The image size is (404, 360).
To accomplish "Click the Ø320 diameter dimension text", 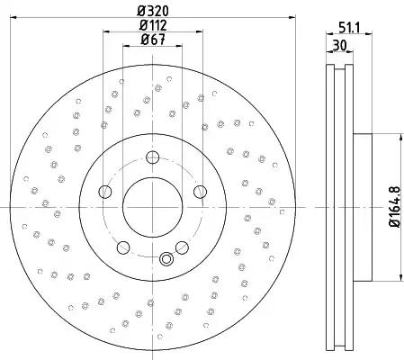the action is (153, 12).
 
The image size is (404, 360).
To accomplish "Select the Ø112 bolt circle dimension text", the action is (153, 25).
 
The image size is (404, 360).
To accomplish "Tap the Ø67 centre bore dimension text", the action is (153, 40).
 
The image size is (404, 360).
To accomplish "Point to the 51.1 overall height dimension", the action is (349, 28).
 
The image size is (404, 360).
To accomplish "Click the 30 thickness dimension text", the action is (339, 46).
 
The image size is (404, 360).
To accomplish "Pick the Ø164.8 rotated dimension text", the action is (395, 207).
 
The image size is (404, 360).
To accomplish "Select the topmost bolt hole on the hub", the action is (152, 157).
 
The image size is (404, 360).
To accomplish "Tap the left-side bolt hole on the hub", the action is (105, 192).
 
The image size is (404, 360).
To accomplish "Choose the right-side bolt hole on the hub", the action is (200, 192).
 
